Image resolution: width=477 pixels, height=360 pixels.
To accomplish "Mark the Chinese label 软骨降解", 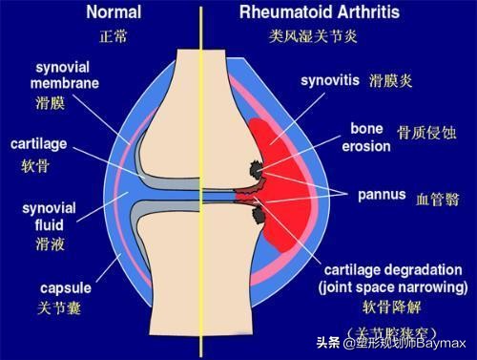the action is pyautogui.click(x=387, y=308).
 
